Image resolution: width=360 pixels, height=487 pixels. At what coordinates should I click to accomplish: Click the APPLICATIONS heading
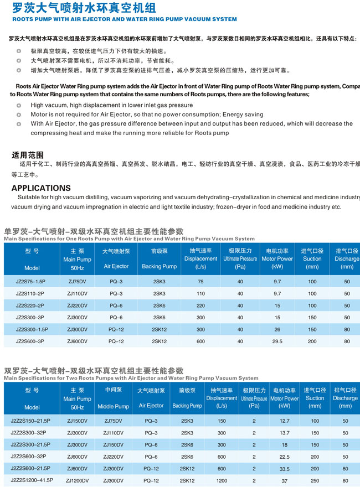41,188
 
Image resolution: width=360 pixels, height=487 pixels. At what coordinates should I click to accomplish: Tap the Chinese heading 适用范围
28,155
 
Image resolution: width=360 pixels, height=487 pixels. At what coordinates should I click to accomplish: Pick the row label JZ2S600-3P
32,341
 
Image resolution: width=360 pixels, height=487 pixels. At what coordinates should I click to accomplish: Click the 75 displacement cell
200,281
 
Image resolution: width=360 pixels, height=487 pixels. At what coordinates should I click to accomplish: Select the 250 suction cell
315,480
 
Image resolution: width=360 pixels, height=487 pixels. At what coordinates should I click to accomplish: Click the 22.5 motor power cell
285,457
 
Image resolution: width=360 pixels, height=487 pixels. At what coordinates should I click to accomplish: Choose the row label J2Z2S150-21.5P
32,421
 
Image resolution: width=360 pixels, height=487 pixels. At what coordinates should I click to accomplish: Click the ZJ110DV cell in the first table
77,293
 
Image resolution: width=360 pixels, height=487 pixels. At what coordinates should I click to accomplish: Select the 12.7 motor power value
285,421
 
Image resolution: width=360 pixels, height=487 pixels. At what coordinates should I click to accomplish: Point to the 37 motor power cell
285,481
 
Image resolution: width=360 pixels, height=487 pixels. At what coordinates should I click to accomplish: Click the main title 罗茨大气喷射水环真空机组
83,8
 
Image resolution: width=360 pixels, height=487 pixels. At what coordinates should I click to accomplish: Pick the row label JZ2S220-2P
32,305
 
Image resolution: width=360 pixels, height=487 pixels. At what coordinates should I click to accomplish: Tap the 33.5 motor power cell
285,469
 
